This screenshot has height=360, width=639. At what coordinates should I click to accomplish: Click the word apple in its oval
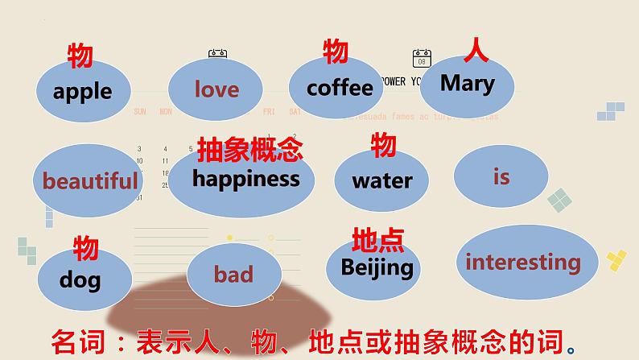82,91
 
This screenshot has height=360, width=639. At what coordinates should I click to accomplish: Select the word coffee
340,87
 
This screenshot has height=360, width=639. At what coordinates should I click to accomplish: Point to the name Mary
467,82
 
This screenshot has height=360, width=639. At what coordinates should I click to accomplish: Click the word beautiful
90,180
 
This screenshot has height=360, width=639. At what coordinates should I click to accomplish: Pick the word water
381,180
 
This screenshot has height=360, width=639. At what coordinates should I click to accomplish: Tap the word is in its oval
501,176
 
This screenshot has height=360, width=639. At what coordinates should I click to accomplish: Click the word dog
80,279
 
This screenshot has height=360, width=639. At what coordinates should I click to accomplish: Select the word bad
233,275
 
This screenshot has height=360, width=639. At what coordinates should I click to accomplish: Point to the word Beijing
377,267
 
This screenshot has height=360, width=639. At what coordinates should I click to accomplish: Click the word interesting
522,262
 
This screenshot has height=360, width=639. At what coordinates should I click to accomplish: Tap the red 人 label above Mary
476,51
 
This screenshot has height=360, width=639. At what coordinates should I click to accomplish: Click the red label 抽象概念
249,147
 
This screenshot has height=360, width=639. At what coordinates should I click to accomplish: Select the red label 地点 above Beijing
377,240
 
